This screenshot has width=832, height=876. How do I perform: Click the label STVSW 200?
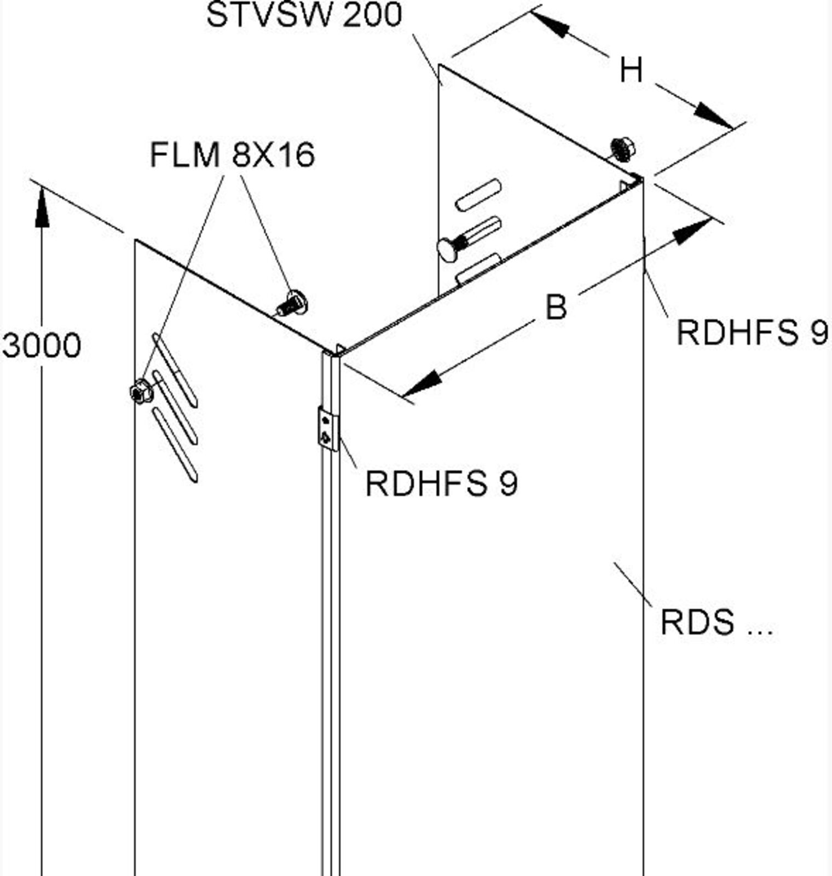[x=304, y=15]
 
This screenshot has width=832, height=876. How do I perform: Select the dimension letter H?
[x=631, y=71]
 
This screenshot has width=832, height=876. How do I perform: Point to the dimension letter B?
[x=556, y=307]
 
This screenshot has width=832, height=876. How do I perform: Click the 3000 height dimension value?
[x=42, y=345]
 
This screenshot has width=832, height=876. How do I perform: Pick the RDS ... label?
[x=716, y=623]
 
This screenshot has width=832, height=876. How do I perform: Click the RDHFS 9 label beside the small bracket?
[x=441, y=483]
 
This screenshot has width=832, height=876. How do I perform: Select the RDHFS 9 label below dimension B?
[x=753, y=332]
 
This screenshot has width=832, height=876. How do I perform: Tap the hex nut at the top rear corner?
[x=622, y=148]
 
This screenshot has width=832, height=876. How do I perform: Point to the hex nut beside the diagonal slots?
[x=141, y=391]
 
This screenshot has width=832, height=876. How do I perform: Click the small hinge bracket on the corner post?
[x=328, y=429]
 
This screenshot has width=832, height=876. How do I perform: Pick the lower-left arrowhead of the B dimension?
[x=421, y=383]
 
